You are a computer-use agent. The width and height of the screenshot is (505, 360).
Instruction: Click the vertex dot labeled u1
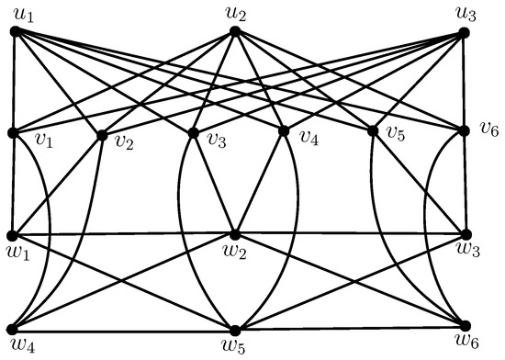point(16,32)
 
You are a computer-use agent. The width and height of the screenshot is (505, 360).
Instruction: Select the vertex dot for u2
point(235,32)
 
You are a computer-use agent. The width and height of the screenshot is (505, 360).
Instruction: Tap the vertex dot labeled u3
point(465,32)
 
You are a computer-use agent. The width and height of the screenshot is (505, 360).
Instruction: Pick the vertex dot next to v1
point(13,133)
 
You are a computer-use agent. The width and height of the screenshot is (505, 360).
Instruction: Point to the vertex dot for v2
point(102,136)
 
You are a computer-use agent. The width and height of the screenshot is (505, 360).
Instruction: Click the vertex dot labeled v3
point(193,134)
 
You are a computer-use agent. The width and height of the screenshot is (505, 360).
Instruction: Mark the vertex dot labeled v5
point(373,131)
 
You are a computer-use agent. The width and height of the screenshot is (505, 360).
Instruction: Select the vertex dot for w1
point(12,235)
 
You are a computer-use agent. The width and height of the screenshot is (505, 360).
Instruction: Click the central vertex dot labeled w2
point(235,235)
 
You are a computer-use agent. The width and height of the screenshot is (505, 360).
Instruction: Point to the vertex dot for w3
point(465,235)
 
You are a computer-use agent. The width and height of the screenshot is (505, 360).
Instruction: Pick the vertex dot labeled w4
point(13,328)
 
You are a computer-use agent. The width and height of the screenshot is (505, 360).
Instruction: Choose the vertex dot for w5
point(235,330)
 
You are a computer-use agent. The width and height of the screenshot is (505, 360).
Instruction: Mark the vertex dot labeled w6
point(465,326)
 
